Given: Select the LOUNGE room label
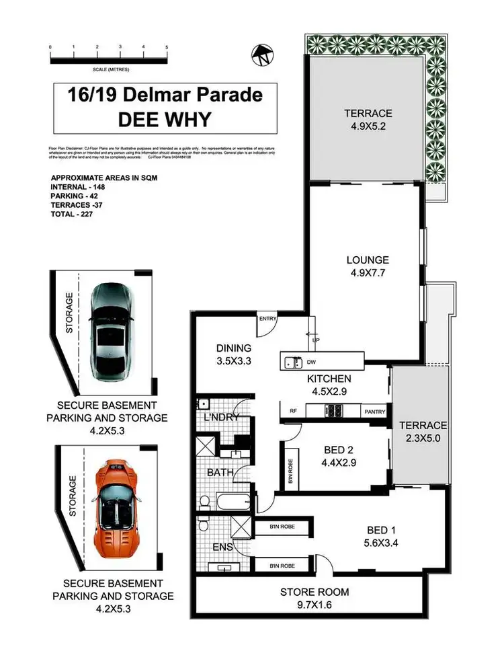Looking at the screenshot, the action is [x=368, y=260].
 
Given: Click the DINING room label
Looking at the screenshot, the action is [x=234, y=348].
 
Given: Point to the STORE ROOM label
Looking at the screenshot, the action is [x=314, y=592].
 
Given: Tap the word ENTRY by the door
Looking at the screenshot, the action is [x=267, y=319].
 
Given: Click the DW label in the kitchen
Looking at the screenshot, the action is [x=311, y=363].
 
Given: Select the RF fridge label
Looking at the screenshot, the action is [x=293, y=410].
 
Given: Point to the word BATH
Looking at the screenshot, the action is [x=220, y=473].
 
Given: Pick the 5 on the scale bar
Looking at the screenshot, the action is [x=167, y=47].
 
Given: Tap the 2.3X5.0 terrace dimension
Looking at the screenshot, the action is [x=423, y=438].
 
